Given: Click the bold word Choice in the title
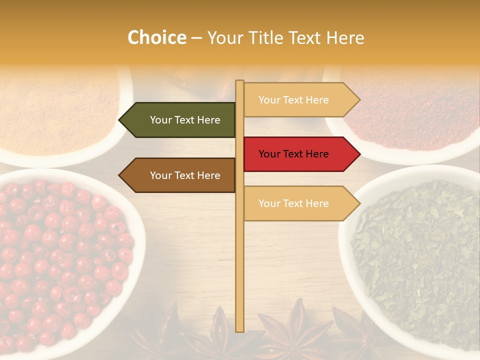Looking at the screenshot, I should pyautogui.click(x=156, y=37).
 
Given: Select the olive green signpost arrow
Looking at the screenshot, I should pyautogui.click(x=180, y=120).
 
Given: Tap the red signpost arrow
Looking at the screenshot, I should pyautogui.click(x=297, y=154).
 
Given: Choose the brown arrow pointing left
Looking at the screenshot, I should pyautogui.click(x=180, y=175).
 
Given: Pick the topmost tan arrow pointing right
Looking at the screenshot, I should pyautogui.click(x=297, y=100).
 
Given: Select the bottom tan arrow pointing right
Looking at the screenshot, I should pyautogui.click(x=297, y=203).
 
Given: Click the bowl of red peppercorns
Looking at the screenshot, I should pyautogui.click(x=60, y=260).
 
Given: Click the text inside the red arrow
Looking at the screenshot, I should pyautogui.click(x=293, y=154).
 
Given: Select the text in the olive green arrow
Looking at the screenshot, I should pyautogui.click(x=185, y=120).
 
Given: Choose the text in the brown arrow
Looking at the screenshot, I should pyautogui.click(x=185, y=175).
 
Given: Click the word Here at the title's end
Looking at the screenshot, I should pyautogui.click(x=345, y=37).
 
